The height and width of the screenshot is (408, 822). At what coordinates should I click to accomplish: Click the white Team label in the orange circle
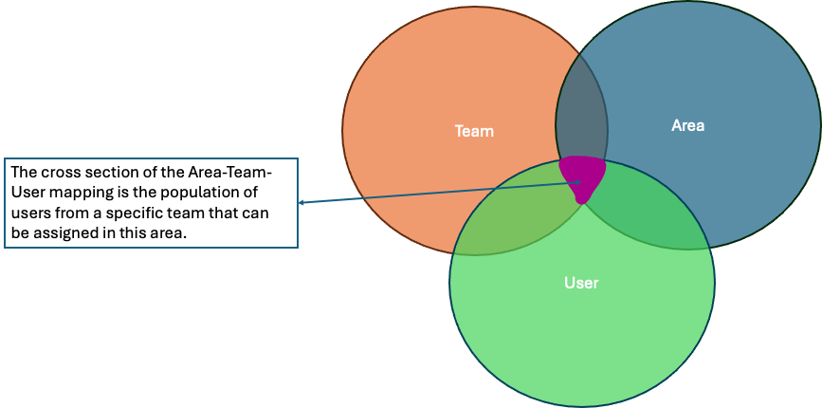pyautogui.click(x=474, y=131)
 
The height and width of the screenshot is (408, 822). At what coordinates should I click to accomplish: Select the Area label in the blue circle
pyautogui.click(x=687, y=125)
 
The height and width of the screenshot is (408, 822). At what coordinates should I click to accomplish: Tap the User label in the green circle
pyautogui.click(x=581, y=283)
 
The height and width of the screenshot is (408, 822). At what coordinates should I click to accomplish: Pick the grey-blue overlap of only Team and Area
pyautogui.click(x=581, y=119)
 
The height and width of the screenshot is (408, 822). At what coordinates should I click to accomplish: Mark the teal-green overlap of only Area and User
pyautogui.click(x=645, y=204)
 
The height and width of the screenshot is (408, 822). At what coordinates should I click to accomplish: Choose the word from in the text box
pyautogui.click(x=74, y=213)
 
